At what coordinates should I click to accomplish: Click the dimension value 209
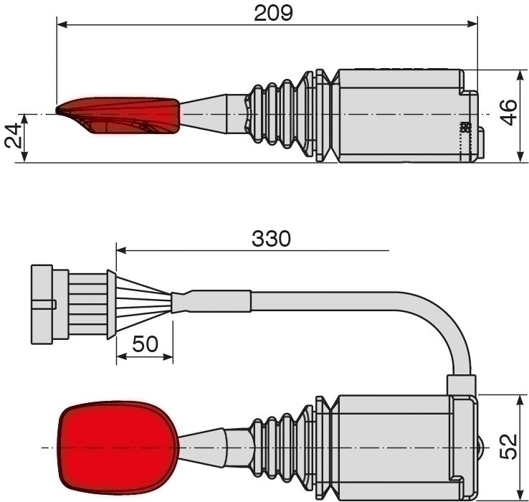pyautogui.click(x=273, y=13)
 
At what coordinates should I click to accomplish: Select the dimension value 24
pyautogui.click(x=13, y=136)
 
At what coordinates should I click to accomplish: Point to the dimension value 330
pyautogui.click(x=271, y=238)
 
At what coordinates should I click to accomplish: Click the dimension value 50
pyautogui.click(x=145, y=344)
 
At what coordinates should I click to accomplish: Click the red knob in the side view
pyautogui.click(x=118, y=115)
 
